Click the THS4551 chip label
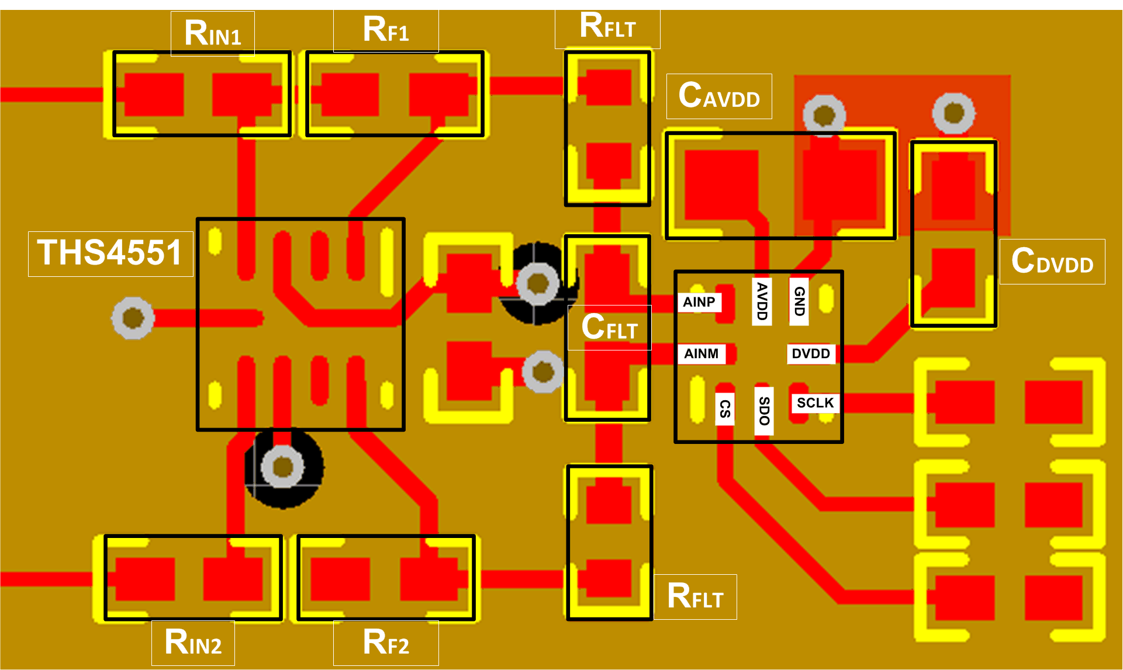(x=110, y=253)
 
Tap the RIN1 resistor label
(x=212, y=33)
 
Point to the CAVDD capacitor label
(x=719, y=96)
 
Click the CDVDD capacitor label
(x=1052, y=261)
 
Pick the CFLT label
(x=609, y=327)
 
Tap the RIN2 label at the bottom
(x=193, y=643)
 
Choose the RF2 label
(x=386, y=643)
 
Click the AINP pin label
(x=699, y=302)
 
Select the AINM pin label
(x=702, y=353)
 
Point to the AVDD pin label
(x=762, y=301)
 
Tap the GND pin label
(x=799, y=301)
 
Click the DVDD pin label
(x=811, y=353)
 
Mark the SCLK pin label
(x=815, y=403)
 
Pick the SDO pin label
(x=764, y=411)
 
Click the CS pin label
(x=725, y=409)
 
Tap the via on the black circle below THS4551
(x=283, y=467)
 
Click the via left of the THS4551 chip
(x=133, y=318)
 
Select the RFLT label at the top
(x=607, y=27)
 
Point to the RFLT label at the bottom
(x=695, y=596)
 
